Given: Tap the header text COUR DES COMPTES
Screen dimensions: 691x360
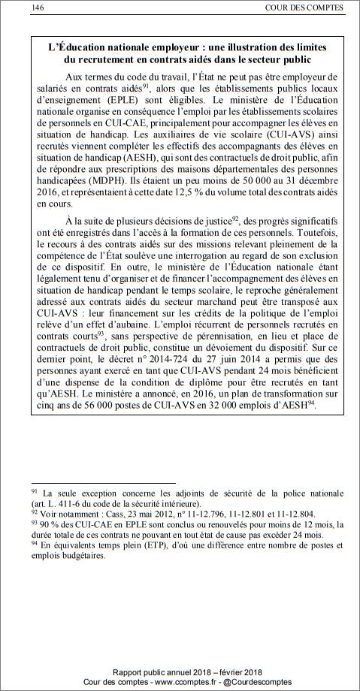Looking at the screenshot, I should (304, 8).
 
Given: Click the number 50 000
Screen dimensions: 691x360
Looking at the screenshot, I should (261, 182).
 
